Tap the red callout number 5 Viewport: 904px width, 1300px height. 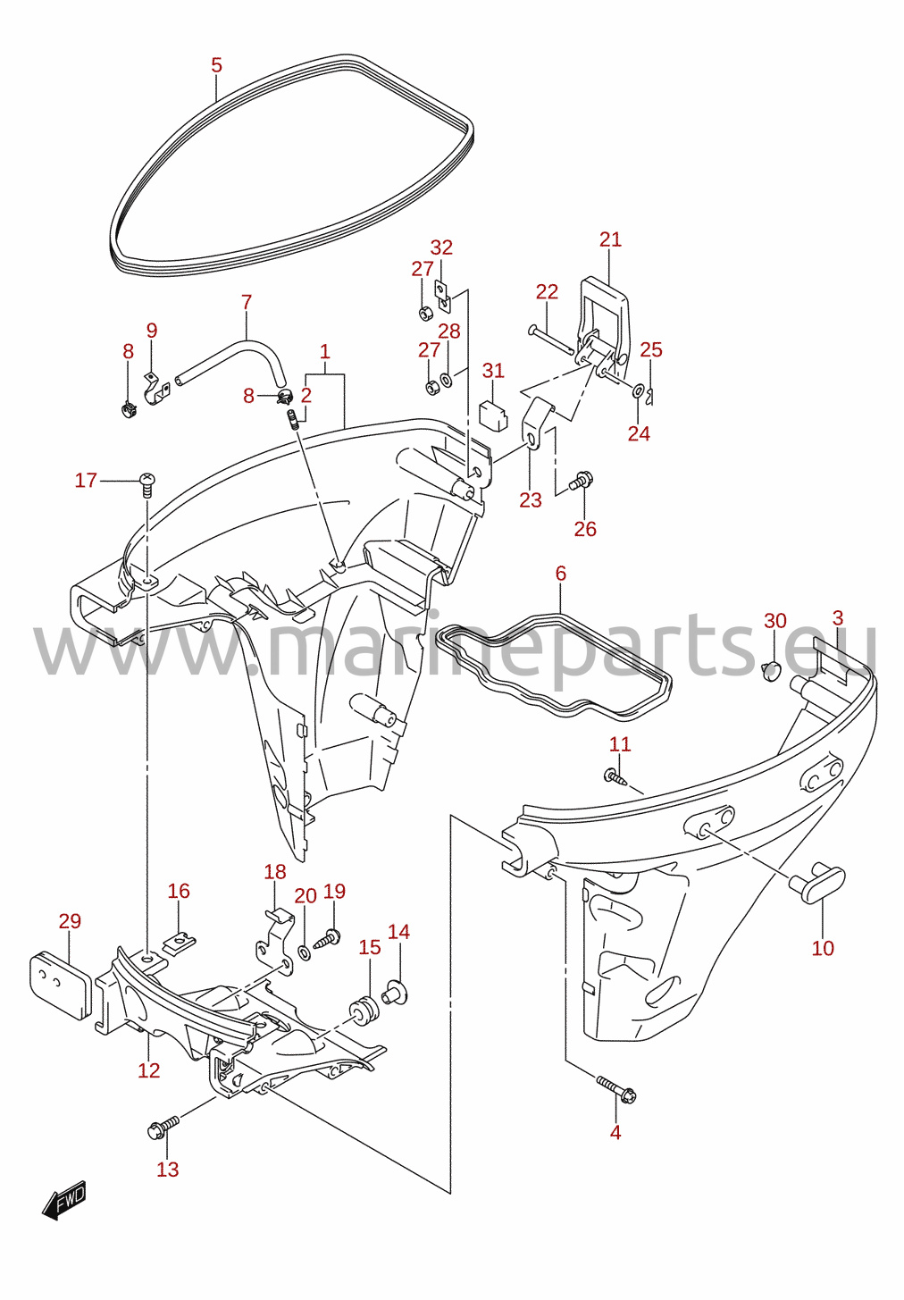point(216,65)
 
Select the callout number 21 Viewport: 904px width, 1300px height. point(610,239)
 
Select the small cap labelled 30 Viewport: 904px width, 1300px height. point(771,671)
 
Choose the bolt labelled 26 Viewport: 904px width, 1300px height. point(581,481)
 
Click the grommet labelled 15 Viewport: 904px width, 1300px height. point(364,1010)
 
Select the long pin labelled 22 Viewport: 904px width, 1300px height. point(550,340)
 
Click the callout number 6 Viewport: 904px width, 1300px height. point(560,574)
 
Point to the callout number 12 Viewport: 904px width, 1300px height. point(148,1069)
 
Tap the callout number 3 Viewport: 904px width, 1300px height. point(837,618)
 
